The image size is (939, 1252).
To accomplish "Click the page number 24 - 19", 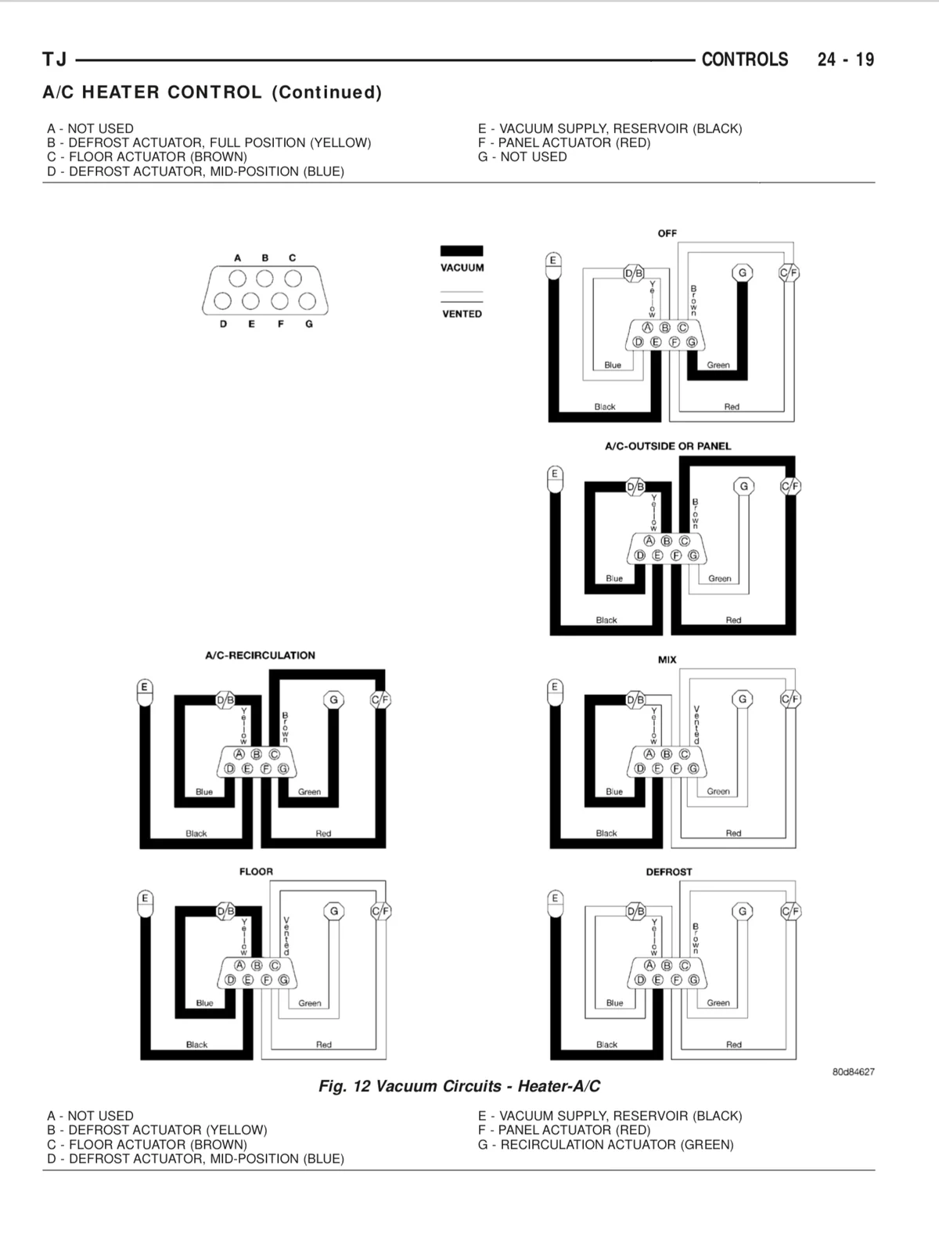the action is point(846,59).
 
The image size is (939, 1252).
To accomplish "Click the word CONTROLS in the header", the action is point(745,59).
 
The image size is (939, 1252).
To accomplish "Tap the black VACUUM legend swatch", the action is point(462,250).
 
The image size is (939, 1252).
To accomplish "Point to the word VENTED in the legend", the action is point(462,314).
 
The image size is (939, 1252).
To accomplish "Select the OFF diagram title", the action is point(667,233).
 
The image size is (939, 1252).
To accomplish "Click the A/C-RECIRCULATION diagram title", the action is point(260,656).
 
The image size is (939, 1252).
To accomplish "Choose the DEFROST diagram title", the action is point(669,872).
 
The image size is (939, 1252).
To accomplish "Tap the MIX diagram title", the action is point(667,660).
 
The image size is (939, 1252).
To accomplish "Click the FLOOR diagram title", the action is point(256,872).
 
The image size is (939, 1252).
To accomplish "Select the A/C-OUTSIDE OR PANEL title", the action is point(667,446).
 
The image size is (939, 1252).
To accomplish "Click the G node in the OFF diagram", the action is point(743,272).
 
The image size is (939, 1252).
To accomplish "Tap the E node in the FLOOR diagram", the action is point(145,899).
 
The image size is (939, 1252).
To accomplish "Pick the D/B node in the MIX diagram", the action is point(635,700).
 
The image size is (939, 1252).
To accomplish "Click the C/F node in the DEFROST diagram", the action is point(791,912).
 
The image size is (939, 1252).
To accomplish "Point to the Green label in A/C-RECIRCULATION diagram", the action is point(309,792).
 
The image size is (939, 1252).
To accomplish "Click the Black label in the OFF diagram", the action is point(605,407).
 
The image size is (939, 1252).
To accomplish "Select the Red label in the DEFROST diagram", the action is point(734,1045).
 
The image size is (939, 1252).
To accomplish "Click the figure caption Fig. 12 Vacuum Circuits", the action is point(459,1086).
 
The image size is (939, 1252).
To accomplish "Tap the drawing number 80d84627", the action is point(853,1072).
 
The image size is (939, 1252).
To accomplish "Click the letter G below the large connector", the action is point(309,324).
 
